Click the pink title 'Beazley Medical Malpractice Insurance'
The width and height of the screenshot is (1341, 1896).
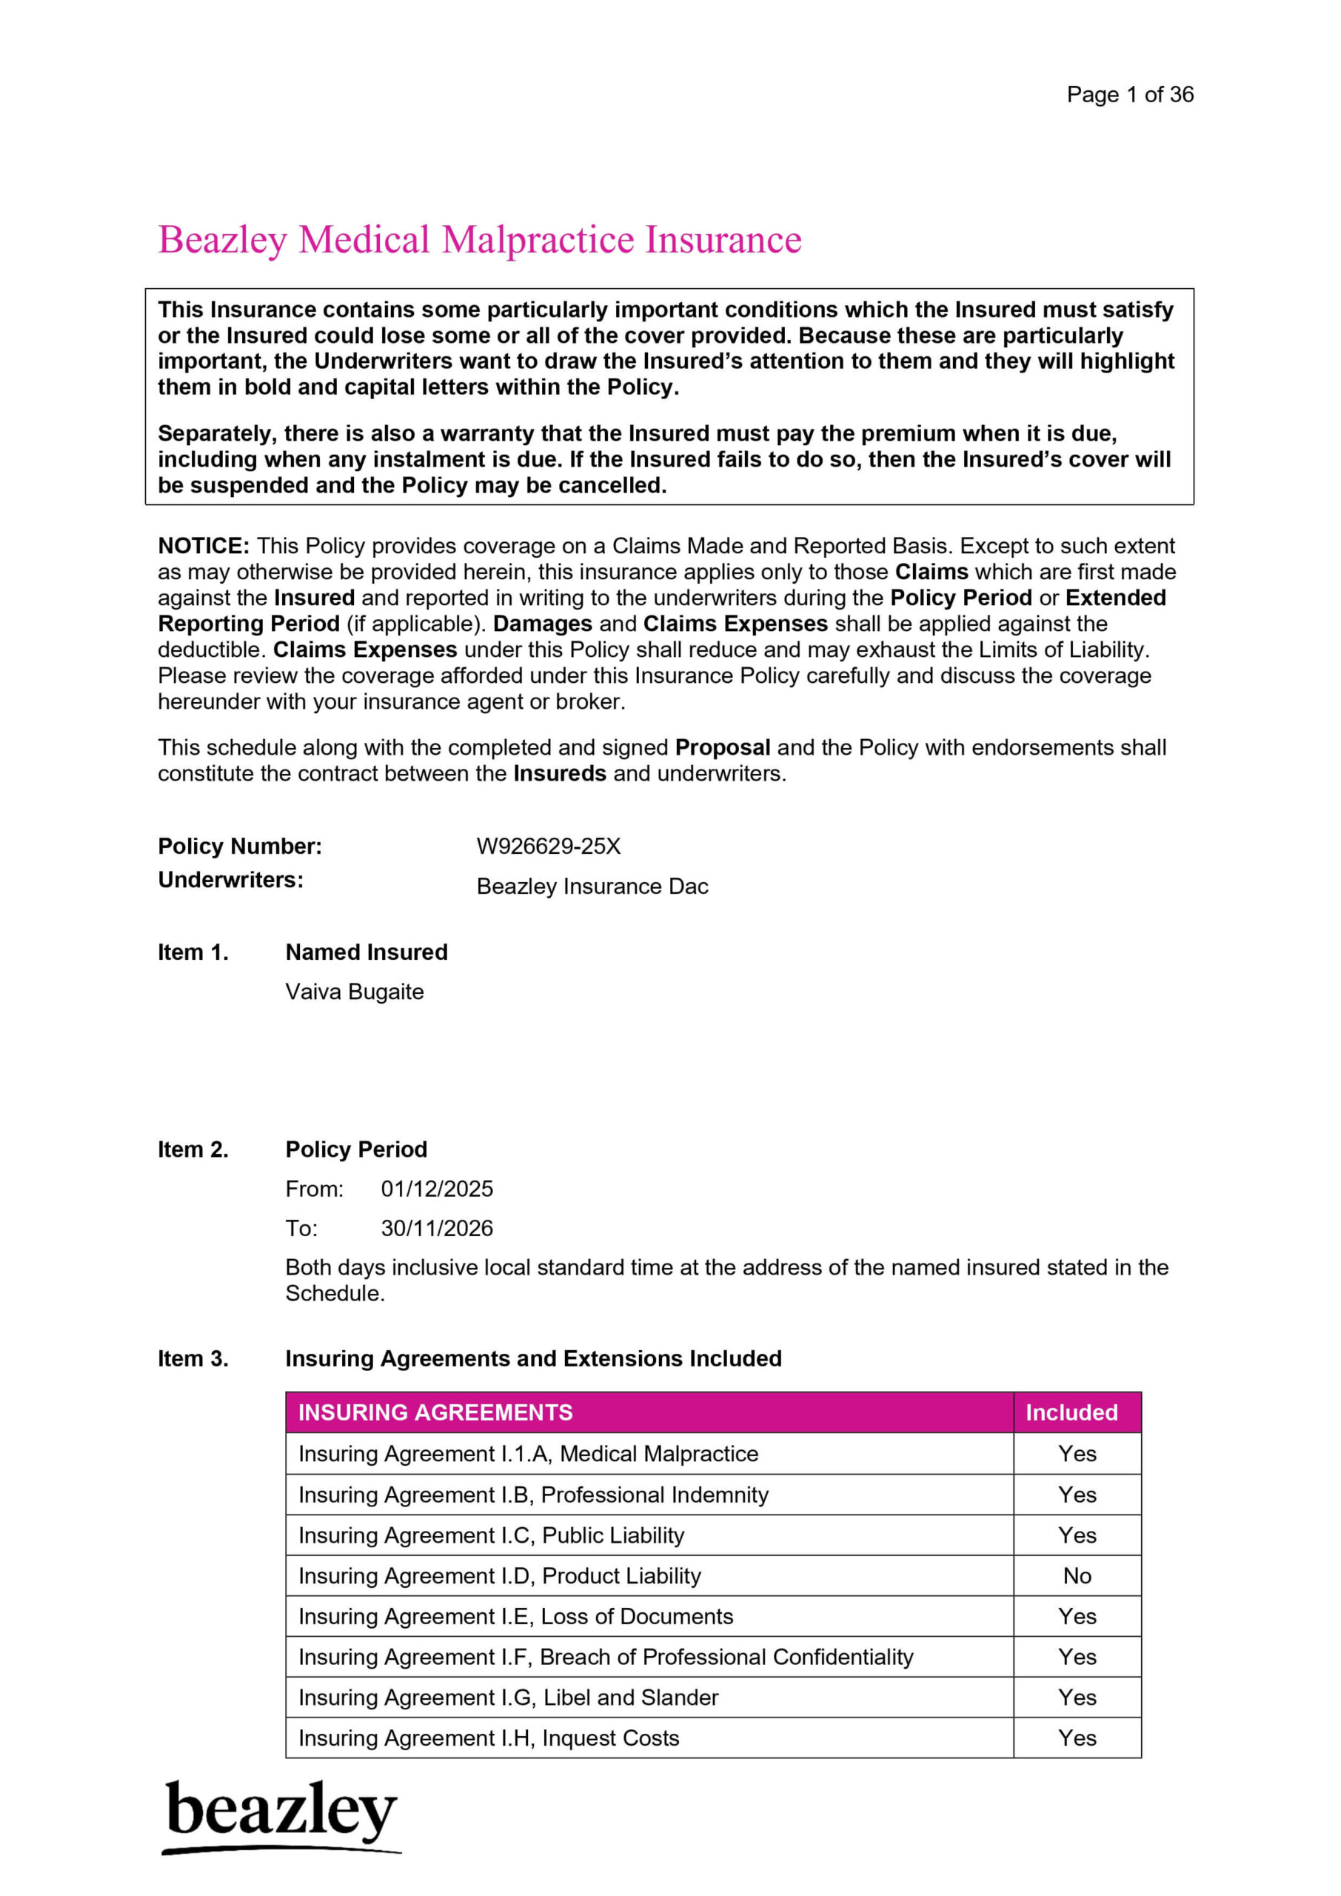(479, 239)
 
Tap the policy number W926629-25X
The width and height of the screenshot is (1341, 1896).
(548, 847)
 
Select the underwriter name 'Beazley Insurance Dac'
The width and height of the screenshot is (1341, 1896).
(592, 886)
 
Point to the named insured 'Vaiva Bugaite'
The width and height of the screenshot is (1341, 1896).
(354, 992)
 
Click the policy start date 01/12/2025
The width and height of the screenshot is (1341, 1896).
(436, 1189)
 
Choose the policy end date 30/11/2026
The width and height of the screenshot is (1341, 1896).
(436, 1229)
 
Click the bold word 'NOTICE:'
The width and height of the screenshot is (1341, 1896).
(203, 546)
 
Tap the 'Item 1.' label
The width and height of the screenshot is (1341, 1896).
(193, 952)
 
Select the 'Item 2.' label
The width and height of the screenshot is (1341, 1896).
(193, 1149)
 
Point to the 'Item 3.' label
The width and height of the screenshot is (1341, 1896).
(193, 1358)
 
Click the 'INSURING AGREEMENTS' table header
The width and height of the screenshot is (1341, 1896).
(435, 1413)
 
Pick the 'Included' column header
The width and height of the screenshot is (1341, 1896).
(1071, 1413)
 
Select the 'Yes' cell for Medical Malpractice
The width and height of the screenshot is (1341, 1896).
(1077, 1453)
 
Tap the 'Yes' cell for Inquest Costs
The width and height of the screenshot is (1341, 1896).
(1077, 1738)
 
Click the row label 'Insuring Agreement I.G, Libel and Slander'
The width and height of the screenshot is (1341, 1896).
(508, 1698)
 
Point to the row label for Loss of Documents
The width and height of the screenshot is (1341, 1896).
(515, 1616)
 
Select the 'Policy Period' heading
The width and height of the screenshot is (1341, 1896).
(356, 1149)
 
